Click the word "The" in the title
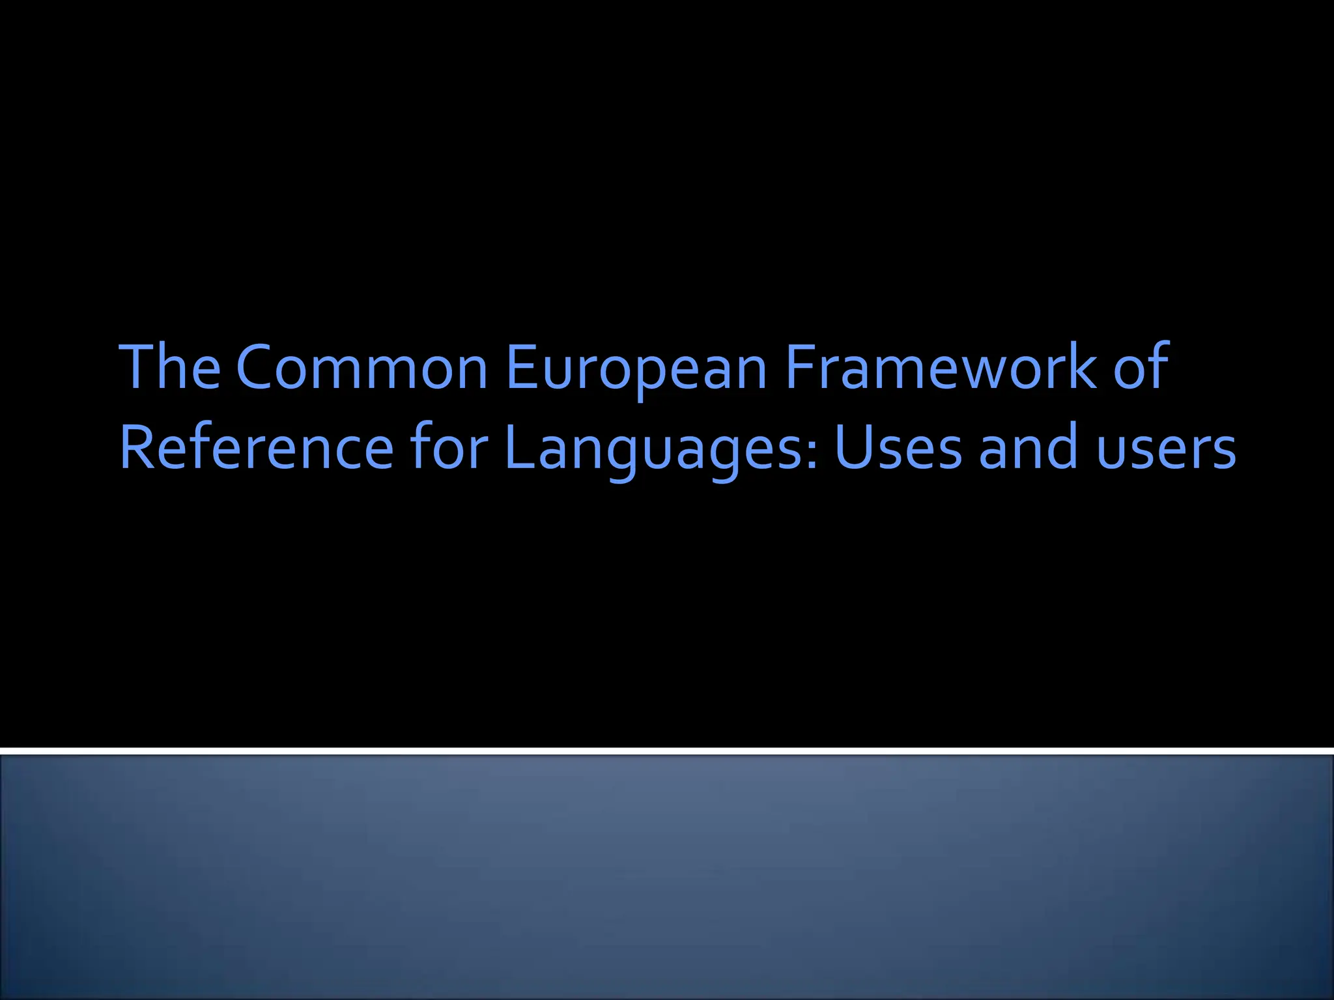(170, 367)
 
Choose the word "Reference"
(257, 448)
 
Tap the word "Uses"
(898, 448)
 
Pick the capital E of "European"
(522, 367)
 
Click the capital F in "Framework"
(800, 367)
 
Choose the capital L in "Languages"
(518, 448)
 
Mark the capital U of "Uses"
(854, 448)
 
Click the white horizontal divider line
(667, 751)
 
